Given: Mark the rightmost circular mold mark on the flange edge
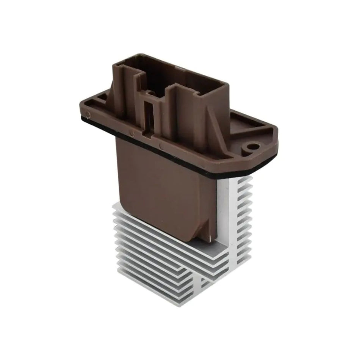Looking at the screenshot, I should coord(162,146).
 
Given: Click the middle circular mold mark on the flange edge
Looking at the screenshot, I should coord(131,133).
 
